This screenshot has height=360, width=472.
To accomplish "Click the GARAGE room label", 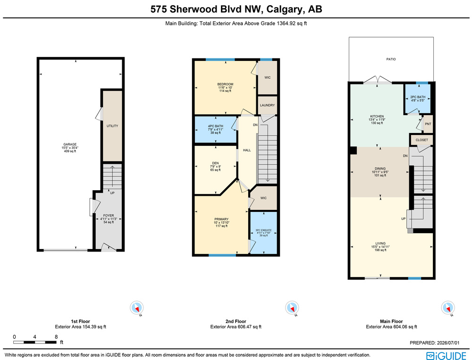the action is coord(70,144).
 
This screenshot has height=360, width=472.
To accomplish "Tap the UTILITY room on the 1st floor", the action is coord(113,126).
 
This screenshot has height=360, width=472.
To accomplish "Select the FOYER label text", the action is coord(109,216).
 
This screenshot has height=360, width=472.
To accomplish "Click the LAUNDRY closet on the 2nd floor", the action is coord(267,105).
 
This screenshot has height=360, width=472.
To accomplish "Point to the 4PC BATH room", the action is coord(216,129).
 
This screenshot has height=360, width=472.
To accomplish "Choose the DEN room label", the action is coord(216,163).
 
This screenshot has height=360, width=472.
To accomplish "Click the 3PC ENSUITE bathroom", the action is coord(264,233).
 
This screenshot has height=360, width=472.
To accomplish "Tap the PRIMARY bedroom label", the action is coord(221,219).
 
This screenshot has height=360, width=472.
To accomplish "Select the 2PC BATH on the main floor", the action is coord(418,99).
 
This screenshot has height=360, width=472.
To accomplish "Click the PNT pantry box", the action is coord(428,124).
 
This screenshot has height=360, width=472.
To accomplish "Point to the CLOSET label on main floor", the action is coord(421,140).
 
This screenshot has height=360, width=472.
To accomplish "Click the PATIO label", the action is coord(391,59).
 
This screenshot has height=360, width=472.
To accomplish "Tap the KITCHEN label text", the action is coord(377,117).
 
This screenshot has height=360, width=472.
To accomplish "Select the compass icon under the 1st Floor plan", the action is coord(137,308).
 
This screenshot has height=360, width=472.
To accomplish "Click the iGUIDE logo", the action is coord(446,355).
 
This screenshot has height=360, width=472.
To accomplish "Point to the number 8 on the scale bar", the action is coord(56,337).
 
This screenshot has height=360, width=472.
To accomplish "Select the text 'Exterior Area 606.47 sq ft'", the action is coord(236,327).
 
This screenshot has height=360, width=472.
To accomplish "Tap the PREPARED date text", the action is coord(435,343).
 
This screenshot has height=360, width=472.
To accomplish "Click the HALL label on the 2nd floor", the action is coord(247,150).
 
